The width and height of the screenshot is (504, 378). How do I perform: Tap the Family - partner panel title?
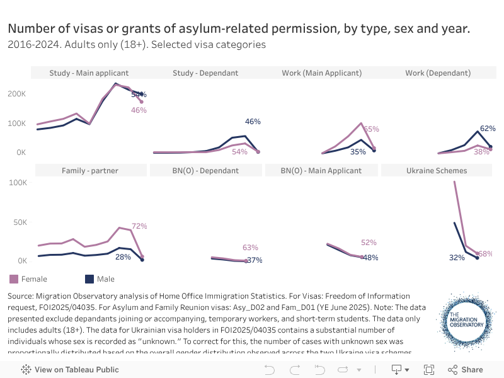[x=90, y=171]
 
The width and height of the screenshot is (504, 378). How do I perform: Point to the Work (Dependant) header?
[x=438, y=73]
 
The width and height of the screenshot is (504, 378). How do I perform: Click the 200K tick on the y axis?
[x=16, y=93]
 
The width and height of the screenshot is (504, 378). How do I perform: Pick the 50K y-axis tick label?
[x=19, y=222]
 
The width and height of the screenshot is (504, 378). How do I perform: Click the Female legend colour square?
[x=14, y=279]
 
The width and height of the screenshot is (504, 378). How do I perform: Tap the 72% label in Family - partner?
[x=139, y=226]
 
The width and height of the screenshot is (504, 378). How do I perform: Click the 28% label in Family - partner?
[x=123, y=256]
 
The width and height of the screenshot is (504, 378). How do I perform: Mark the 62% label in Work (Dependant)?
[x=488, y=129]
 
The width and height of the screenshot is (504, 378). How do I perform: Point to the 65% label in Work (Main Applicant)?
[x=371, y=129]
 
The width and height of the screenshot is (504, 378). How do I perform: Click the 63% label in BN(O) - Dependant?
[x=250, y=248]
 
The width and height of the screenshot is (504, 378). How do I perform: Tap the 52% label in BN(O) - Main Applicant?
[x=369, y=242]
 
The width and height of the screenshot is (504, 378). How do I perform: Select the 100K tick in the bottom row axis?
[x=16, y=183]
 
